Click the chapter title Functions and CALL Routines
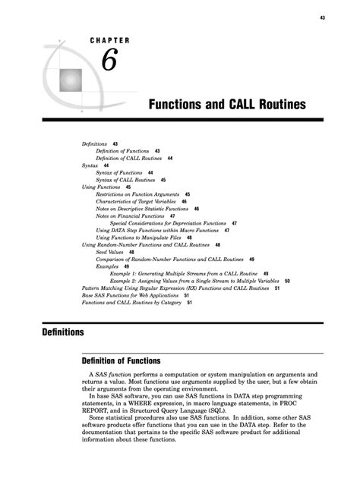tap(224, 102)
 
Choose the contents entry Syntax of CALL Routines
tap(126, 180)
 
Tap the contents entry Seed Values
tap(111, 252)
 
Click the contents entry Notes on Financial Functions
tap(131, 216)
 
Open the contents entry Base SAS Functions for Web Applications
tap(132, 295)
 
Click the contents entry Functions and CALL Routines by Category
tap(132, 302)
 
